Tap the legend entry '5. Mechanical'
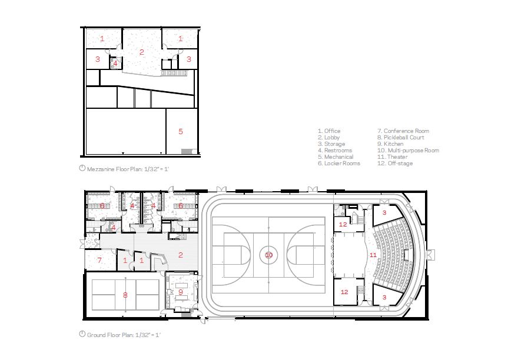(336, 157)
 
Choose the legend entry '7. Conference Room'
(403, 131)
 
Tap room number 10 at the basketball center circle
(269, 255)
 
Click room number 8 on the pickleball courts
(125, 295)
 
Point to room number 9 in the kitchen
(181, 291)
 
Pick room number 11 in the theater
(373, 255)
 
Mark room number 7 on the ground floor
(99, 260)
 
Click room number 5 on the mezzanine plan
(181, 131)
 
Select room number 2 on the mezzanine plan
(141, 52)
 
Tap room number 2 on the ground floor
(181, 255)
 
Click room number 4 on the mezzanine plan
(115, 62)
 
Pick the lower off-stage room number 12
(344, 292)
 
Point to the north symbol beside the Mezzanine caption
(82, 168)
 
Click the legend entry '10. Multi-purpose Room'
(408, 151)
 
